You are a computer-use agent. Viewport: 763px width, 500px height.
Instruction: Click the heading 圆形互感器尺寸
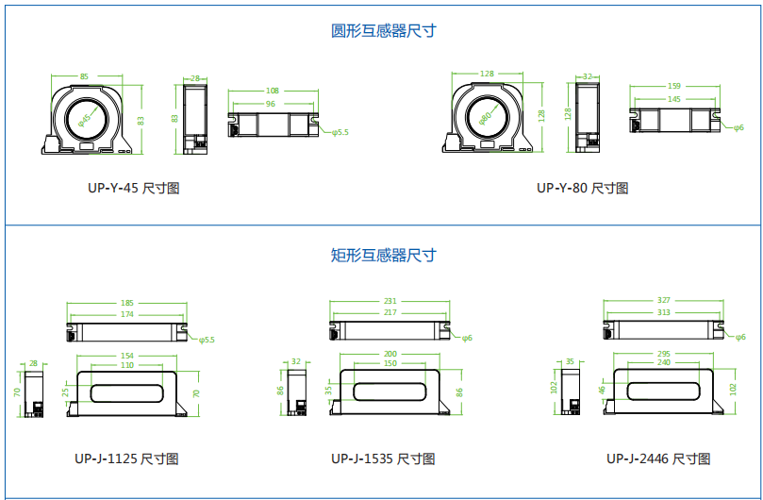coord(383,31)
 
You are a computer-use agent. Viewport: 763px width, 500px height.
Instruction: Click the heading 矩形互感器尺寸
coord(383,255)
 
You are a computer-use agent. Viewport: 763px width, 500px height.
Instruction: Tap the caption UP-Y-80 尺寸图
coord(582,188)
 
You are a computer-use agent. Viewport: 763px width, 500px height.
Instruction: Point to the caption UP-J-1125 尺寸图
coord(126,459)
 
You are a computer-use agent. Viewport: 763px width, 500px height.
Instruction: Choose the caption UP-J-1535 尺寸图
coord(383,459)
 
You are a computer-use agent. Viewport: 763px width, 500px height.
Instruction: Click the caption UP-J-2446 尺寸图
coord(657,459)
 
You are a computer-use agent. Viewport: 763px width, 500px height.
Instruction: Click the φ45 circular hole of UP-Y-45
coord(85,119)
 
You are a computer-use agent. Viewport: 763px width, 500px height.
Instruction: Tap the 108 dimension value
coord(273,92)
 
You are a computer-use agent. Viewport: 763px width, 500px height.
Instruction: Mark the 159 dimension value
coord(673,86)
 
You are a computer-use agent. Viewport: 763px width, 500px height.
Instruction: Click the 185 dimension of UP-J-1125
coord(126,303)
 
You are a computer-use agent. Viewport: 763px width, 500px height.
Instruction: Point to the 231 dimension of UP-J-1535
coord(390,302)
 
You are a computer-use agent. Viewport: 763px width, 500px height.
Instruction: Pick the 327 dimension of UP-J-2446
coord(663,302)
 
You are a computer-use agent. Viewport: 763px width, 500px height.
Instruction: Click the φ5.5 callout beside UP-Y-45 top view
coord(340,133)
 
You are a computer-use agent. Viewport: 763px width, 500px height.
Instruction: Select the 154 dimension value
coord(127,355)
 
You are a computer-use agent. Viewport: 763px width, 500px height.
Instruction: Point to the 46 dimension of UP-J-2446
coord(601,389)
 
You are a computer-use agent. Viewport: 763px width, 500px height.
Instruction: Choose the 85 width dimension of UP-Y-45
coord(84,76)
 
